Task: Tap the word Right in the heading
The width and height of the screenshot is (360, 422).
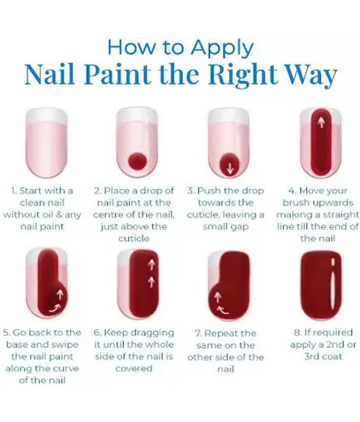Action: click(242, 75)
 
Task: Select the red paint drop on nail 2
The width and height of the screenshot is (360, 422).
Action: click(138, 161)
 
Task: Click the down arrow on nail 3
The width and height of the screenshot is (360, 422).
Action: click(230, 169)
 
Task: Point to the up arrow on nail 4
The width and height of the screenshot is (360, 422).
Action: click(320, 122)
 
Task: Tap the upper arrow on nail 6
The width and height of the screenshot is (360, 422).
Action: click(152, 265)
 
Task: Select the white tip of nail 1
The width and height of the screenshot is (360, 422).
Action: click(46, 116)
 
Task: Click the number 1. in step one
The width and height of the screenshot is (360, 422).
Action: click(14, 191)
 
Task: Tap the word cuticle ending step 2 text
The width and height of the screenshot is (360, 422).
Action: click(134, 238)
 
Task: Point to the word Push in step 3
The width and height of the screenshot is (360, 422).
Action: click(209, 190)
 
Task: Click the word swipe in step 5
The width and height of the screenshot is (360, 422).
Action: click(65, 346)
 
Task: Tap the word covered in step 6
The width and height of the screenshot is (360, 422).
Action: click(134, 368)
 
